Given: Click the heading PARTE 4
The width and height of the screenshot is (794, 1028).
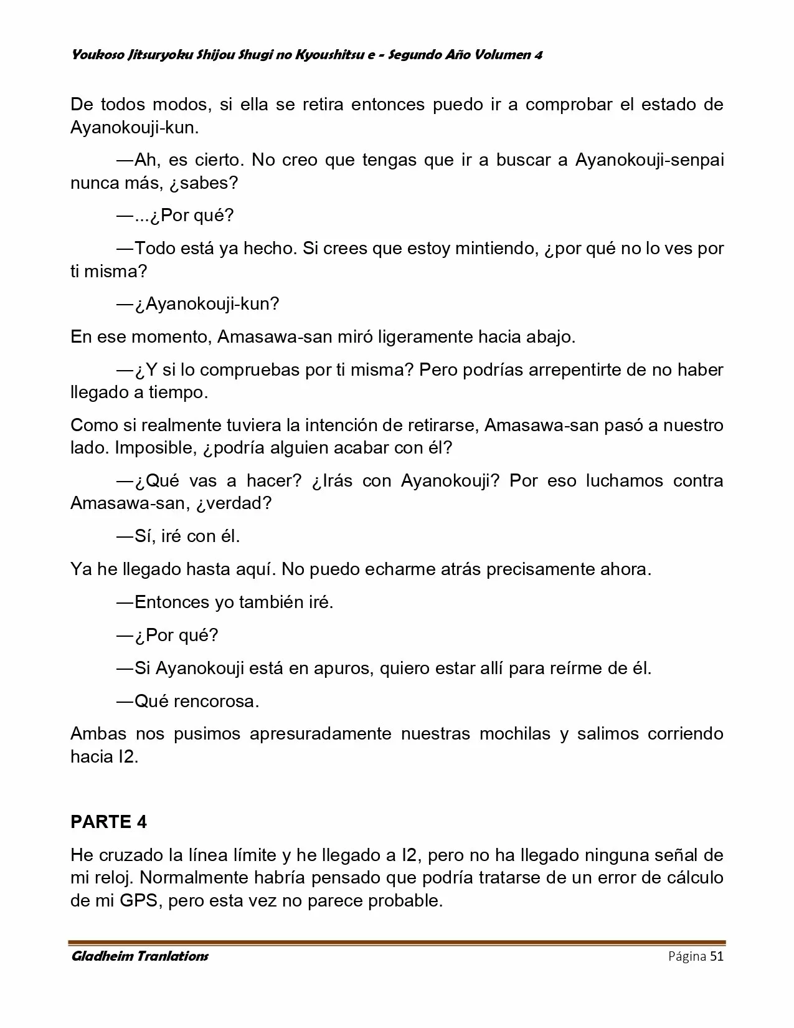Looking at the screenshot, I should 108,822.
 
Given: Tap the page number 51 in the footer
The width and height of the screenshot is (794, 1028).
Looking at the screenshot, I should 716,956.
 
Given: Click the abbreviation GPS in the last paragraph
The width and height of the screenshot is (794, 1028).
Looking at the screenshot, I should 142,901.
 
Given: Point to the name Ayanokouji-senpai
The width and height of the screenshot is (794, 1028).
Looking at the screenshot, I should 650,160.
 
